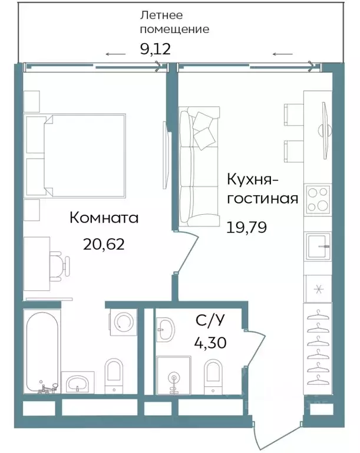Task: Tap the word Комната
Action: point(104,218)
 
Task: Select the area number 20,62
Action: point(104,244)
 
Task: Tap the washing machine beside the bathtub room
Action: point(123,322)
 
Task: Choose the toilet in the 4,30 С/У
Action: point(213,376)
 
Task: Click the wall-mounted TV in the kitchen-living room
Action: point(323,124)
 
